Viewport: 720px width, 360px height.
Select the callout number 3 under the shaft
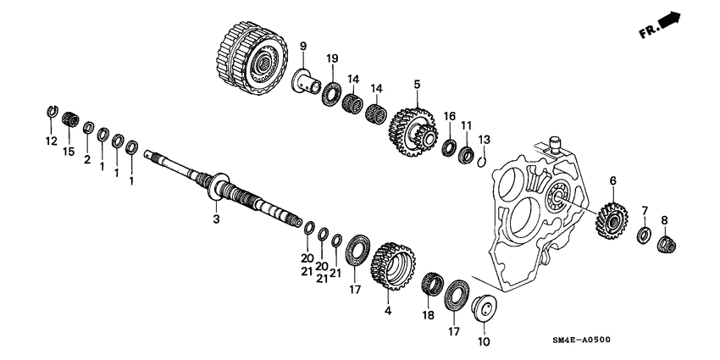[x=216, y=219]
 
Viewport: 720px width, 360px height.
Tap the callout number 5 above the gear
[x=417, y=85]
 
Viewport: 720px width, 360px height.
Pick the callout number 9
[x=302, y=45]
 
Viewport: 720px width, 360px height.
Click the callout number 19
[x=332, y=58]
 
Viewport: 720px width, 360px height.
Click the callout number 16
[x=450, y=115]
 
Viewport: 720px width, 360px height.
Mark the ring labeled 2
[x=87, y=128]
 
